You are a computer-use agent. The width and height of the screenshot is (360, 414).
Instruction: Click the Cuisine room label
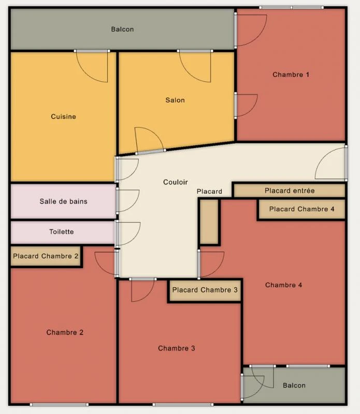click(x=63, y=116)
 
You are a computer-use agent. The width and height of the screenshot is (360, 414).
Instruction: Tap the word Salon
click(x=175, y=100)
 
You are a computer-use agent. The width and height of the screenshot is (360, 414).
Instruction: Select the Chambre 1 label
click(x=291, y=75)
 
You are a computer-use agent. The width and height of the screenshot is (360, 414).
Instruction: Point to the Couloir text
click(x=176, y=182)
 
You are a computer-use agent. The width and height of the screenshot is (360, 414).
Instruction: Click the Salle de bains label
click(x=63, y=201)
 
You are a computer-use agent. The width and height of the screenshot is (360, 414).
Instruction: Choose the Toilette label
click(x=62, y=231)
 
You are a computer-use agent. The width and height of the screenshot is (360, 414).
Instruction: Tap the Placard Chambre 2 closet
click(x=46, y=256)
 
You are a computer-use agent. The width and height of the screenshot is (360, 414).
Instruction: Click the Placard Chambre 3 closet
click(x=205, y=290)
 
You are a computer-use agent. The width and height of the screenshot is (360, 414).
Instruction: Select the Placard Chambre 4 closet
click(x=302, y=209)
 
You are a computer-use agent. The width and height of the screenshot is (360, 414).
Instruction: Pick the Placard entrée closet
click(x=290, y=190)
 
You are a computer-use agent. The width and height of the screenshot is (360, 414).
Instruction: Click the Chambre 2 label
click(x=65, y=332)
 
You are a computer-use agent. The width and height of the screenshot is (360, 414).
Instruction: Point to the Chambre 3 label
click(x=177, y=348)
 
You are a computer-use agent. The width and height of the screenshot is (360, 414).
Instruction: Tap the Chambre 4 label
click(x=284, y=285)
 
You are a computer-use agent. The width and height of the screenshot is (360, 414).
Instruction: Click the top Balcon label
click(x=122, y=29)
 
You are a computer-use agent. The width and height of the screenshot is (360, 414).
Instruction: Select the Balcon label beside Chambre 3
click(x=294, y=385)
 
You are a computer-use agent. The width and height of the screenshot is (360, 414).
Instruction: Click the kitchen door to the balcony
click(x=92, y=66)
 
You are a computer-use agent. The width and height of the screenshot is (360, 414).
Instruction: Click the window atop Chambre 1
click(x=291, y=8)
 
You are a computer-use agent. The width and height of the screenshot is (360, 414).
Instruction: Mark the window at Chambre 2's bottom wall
click(x=59, y=405)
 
